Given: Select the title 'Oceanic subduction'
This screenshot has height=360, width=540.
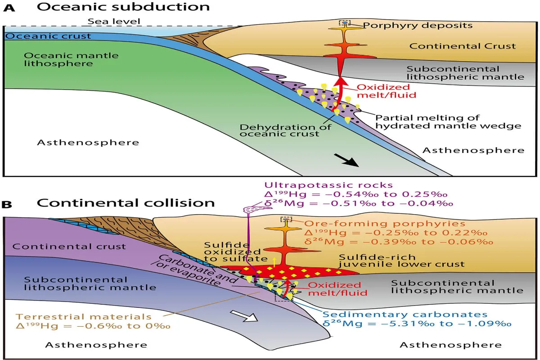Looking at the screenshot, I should coord(123,7).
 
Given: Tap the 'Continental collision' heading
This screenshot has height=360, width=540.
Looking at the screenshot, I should coord(126,203).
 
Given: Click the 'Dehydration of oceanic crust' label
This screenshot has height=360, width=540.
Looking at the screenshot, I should coord(285,130).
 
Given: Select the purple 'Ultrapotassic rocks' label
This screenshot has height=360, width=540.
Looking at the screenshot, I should coord(328,185).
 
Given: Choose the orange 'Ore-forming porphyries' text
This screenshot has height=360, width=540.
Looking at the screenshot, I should coord(385,224).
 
